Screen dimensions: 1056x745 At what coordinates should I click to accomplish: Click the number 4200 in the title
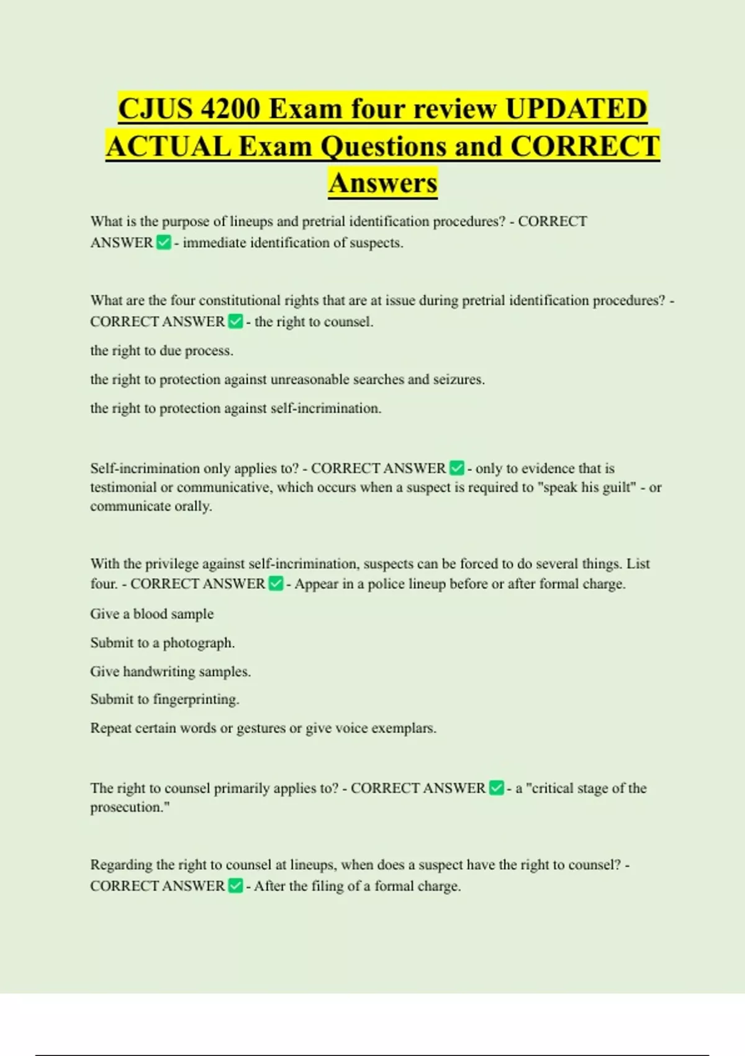[230, 109]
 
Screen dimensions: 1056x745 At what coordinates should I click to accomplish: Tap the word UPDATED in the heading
[576, 109]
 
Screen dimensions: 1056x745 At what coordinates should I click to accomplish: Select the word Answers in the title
[383, 183]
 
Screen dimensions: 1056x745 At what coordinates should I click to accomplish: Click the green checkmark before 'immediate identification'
[164, 242]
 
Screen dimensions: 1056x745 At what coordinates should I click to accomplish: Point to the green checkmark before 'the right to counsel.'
[236, 321]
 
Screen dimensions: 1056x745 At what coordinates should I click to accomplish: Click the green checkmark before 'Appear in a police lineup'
[276, 583]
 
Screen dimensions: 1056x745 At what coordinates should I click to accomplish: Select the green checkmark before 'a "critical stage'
[497, 788]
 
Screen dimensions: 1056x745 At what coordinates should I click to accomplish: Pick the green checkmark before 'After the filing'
[236, 885]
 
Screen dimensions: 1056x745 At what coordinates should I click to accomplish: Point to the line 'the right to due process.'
[162, 350]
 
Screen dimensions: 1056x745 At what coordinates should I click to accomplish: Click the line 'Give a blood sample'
[152, 614]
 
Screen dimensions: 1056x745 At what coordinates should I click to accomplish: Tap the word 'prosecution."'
[130, 807]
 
